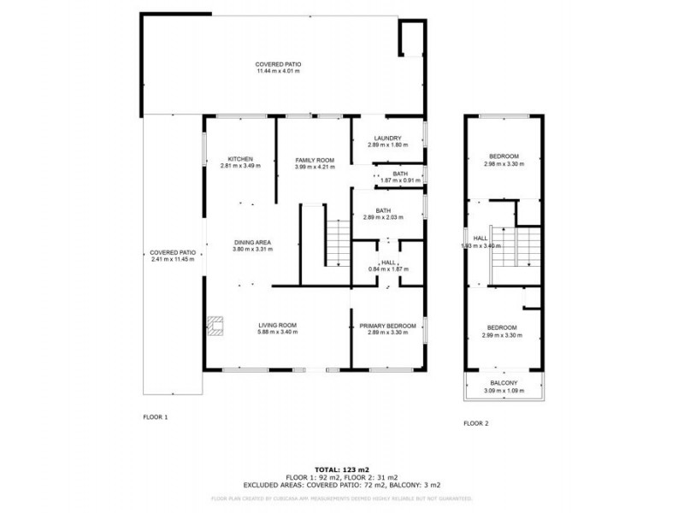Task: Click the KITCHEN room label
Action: point(240,159)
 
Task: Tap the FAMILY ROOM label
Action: point(314,160)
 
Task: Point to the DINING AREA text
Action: point(252,243)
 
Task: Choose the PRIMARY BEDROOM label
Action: point(387,326)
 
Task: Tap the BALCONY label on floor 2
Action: point(503,383)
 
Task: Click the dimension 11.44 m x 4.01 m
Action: point(278,72)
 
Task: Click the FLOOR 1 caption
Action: point(155,417)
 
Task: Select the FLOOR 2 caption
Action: point(476,423)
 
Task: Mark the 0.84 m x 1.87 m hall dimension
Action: point(389,269)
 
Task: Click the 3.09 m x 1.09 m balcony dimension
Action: point(503,390)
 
